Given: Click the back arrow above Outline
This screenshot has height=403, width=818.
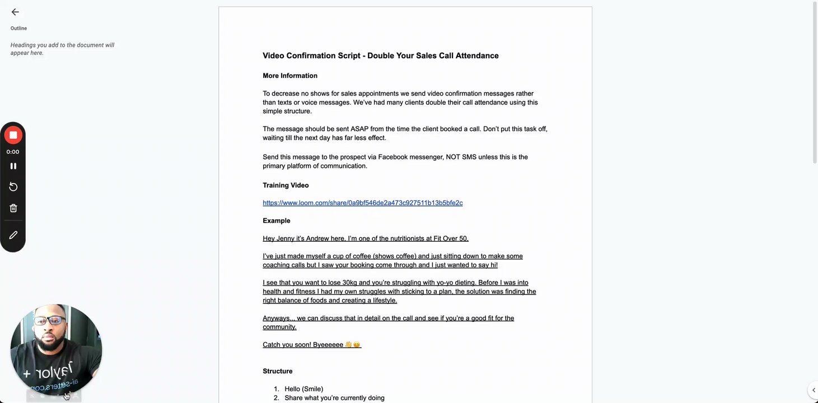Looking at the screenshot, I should point(15,12).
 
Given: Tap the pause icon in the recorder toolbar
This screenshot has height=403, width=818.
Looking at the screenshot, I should point(13,166).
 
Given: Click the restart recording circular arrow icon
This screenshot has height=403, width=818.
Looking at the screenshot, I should point(13,187).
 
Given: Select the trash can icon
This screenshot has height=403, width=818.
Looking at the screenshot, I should point(13,208).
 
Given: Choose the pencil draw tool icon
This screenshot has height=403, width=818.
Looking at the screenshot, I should point(13,235).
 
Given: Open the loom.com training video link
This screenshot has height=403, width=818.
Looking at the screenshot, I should point(362,203).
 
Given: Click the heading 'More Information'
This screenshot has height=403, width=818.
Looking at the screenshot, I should point(290,76).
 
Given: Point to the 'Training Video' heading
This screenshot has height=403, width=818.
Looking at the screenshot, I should point(286,185).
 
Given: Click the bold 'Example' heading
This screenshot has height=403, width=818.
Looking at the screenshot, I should point(277,221).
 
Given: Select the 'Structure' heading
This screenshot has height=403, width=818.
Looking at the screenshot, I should point(278,371).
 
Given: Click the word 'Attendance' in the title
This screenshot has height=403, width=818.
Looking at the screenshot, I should point(476,55).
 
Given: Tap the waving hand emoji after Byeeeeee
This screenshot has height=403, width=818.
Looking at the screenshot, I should point(348,345).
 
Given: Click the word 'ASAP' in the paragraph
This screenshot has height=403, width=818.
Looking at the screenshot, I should point(359,129).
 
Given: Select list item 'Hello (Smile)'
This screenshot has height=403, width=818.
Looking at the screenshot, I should point(303,389).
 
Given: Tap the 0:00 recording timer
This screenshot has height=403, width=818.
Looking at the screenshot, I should point(13,152).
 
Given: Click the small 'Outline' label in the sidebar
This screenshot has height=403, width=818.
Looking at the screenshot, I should point(18,28).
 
